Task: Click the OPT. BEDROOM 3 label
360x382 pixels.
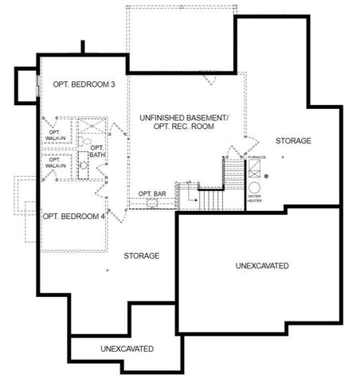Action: [80, 84]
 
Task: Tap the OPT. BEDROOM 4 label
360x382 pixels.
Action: [73, 216]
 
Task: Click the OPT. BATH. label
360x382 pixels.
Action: [97, 151]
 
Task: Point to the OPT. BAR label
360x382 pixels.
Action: [151, 193]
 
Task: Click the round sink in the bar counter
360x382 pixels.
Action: [151, 203]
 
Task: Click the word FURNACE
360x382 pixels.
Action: [256, 158]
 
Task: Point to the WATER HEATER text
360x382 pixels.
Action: [255, 198]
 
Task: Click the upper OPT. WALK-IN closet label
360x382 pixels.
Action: [56, 134]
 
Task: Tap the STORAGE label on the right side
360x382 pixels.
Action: [293, 141]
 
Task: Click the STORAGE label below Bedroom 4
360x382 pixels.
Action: [142, 256]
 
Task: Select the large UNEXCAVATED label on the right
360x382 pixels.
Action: [262, 265]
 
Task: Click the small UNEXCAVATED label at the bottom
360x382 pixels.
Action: [127, 349]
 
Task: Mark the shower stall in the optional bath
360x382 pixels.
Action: [89, 127]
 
